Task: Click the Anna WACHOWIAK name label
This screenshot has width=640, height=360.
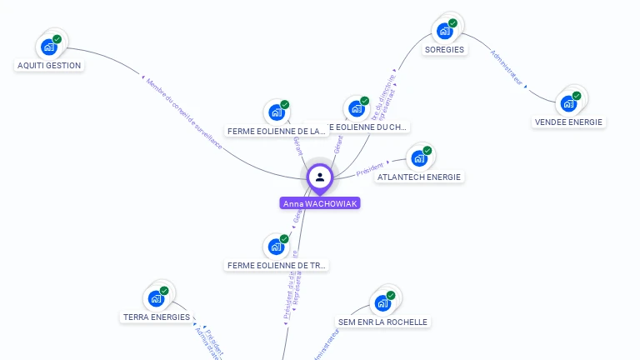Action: click(x=320, y=203)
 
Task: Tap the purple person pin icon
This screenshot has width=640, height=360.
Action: click(x=320, y=177)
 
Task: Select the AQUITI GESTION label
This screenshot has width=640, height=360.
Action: click(x=49, y=65)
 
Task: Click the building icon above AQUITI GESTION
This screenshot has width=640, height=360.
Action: click(x=50, y=46)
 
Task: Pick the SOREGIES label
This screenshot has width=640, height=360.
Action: click(x=444, y=49)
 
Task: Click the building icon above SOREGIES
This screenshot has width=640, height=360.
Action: click(x=446, y=30)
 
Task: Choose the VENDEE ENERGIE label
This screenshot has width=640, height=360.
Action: click(x=568, y=122)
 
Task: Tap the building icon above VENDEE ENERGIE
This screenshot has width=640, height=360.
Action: click(x=569, y=102)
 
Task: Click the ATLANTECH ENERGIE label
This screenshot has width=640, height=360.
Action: click(x=419, y=177)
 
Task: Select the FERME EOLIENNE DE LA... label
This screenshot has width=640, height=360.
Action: click(x=277, y=132)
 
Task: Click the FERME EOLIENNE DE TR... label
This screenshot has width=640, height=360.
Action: click(x=277, y=265)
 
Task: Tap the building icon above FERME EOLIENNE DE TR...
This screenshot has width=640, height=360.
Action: click(x=277, y=246)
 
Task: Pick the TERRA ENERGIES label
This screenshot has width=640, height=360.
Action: click(x=157, y=317)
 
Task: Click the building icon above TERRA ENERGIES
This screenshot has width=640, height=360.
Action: click(x=157, y=297)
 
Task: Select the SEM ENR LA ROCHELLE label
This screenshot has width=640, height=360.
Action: click(x=383, y=322)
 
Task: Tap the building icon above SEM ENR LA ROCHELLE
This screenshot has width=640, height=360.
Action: click(x=383, y=302)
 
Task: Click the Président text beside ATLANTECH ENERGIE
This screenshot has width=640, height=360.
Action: click(x=369, y=169)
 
